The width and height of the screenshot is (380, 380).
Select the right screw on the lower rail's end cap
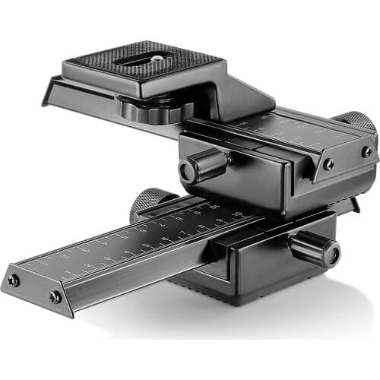pos(55,297)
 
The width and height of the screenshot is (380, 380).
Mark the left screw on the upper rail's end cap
pos(328,163)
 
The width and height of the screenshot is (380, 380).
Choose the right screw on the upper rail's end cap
pos(367,151)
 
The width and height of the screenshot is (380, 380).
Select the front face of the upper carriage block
pos(251,179)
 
